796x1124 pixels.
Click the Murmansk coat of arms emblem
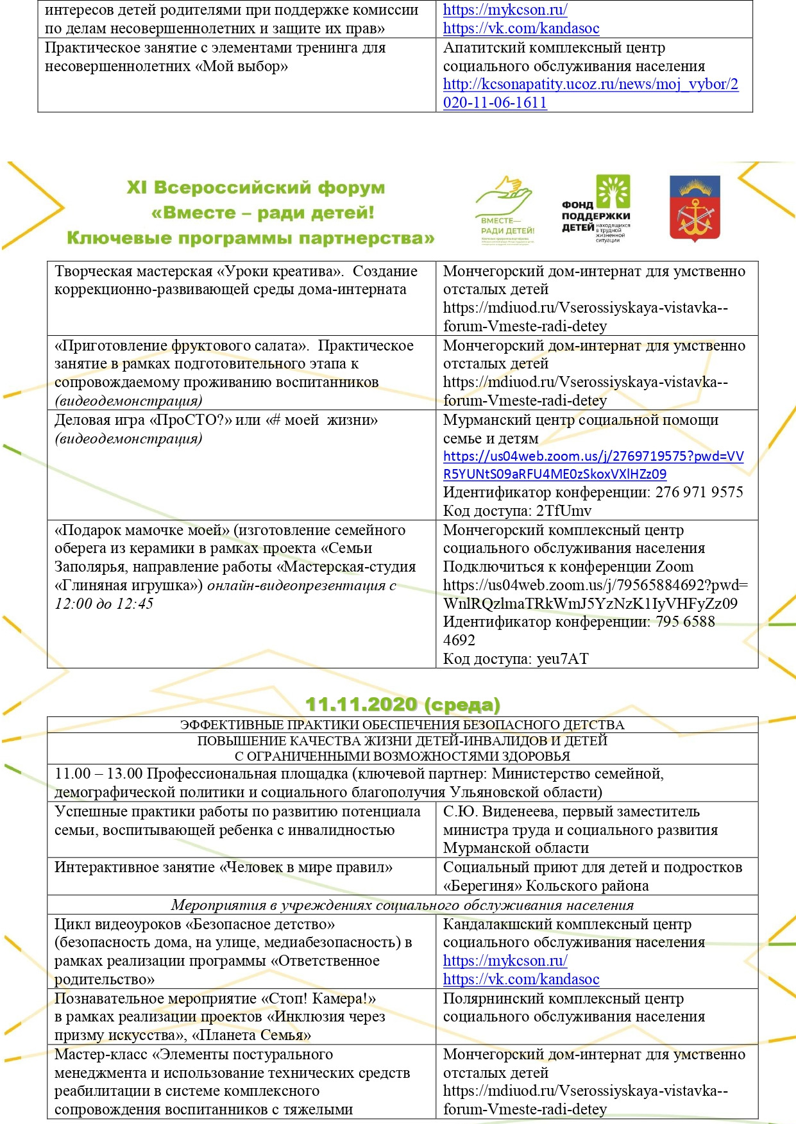tap(695, 208)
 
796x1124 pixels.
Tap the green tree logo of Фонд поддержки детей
tap(613, 192)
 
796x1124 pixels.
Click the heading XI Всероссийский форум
tap(256, 188)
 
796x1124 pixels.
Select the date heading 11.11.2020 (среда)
tap(402, 704)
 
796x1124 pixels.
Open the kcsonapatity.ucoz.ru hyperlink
tap(590, 94)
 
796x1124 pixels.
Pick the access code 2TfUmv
tap(564, 511)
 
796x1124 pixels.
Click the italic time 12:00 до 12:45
tap(104, 604)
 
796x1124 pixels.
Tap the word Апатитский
tap(481, 47)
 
